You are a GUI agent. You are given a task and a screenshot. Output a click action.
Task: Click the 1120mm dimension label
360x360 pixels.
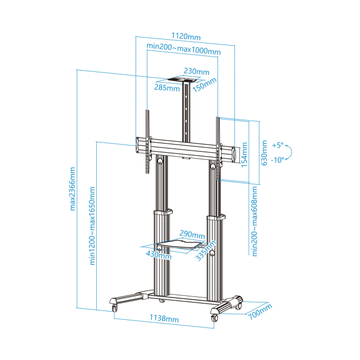(186, 36)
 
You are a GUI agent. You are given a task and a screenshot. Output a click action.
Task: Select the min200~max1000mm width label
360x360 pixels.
(184, 49)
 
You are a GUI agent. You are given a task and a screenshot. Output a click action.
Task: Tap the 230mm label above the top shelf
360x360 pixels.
(196, 71)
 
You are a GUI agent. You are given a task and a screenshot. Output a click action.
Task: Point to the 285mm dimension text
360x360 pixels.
(167, 88)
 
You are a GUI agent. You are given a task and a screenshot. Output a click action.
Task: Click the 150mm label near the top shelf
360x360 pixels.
(204, 85)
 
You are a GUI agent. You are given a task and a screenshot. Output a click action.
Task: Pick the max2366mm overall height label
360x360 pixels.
(72, 189)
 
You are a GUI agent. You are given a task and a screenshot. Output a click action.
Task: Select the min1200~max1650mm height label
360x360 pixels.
(92, 226)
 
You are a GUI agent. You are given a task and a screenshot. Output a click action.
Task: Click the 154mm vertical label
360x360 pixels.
(244, 154)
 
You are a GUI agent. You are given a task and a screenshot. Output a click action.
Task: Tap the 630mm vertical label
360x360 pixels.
(264, 153)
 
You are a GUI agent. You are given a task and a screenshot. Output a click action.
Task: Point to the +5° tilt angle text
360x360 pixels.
(278, 145)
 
